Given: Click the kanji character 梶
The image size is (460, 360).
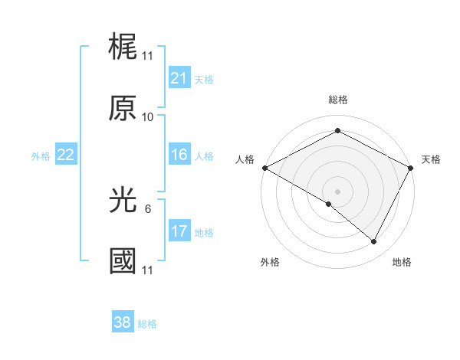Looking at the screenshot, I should (x=123, y=49).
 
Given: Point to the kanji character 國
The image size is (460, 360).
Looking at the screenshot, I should (x=123, y=261).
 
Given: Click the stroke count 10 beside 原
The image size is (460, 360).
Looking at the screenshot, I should (x=148, y=117).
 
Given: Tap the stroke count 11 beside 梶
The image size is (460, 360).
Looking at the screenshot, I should (x=148, y=57).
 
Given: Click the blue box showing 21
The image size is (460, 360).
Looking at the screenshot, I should (x=179, y=77).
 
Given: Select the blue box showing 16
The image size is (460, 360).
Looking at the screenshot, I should (x=179, y=155).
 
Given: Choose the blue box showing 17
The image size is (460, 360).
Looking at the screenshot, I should (x=179, y=231).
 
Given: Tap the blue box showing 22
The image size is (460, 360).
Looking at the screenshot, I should (x=65, y=155).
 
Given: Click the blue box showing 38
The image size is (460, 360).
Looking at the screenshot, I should (x=123, y=322).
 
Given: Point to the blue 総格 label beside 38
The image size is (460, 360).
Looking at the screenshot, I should (x=147, y=324).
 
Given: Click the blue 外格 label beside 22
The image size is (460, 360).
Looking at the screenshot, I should (x=41, y=156).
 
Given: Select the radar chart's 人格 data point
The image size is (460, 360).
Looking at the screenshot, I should (x=264, y=167).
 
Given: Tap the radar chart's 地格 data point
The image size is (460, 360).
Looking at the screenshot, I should (x=374, y=242).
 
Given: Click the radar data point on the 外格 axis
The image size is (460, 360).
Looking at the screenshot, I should (x=329, y=204).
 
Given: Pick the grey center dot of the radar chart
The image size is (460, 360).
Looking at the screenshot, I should (x=338, y=191).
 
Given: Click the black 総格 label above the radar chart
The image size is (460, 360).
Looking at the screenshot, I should (x=338, y=100).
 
